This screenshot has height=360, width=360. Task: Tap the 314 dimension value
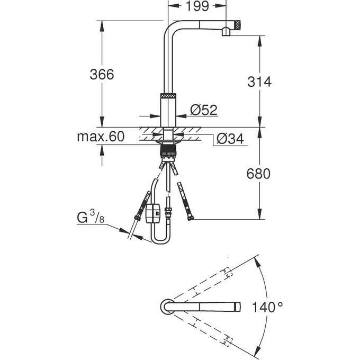point(259,82)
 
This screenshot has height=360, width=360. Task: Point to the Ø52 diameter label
point(203,110)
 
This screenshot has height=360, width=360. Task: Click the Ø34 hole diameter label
point(229,139)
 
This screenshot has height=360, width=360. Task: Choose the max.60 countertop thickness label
point(101,137)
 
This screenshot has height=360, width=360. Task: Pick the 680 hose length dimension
point(259,174)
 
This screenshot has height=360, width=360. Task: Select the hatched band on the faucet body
point(168,96)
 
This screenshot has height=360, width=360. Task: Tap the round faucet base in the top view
point(165,307)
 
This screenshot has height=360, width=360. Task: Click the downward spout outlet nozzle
point(225,33)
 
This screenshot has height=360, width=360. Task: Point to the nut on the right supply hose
point(190,217)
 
